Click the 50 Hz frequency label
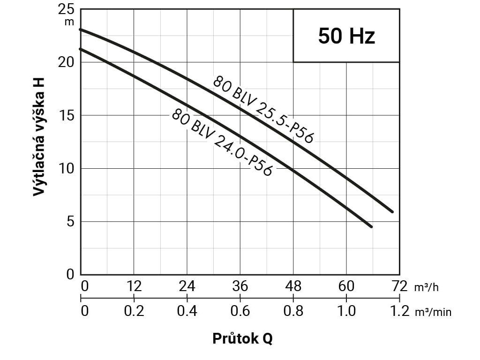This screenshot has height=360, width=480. (346, 36)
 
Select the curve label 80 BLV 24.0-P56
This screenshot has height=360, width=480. (221, 142)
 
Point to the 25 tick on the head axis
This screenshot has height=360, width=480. (67, 9)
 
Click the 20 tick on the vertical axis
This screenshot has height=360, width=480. (67, 62)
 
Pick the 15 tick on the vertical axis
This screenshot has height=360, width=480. (67, 115)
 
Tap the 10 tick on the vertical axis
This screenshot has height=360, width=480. (67, 168)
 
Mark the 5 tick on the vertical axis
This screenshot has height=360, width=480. (70, 221)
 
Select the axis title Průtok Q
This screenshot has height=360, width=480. (242, 338)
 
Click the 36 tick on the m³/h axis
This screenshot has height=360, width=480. (240, 286)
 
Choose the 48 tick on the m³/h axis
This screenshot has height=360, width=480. (293, 286)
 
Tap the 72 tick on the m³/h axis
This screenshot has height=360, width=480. (399, 286)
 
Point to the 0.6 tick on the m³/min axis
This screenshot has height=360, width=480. (240, 311)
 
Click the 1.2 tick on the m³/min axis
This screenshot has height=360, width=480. (399, 311)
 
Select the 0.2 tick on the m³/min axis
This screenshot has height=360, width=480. (134, 311)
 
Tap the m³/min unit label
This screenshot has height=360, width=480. (433, 312)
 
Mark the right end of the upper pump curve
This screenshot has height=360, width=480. (392, 211)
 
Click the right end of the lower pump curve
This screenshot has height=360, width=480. (371, 226)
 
